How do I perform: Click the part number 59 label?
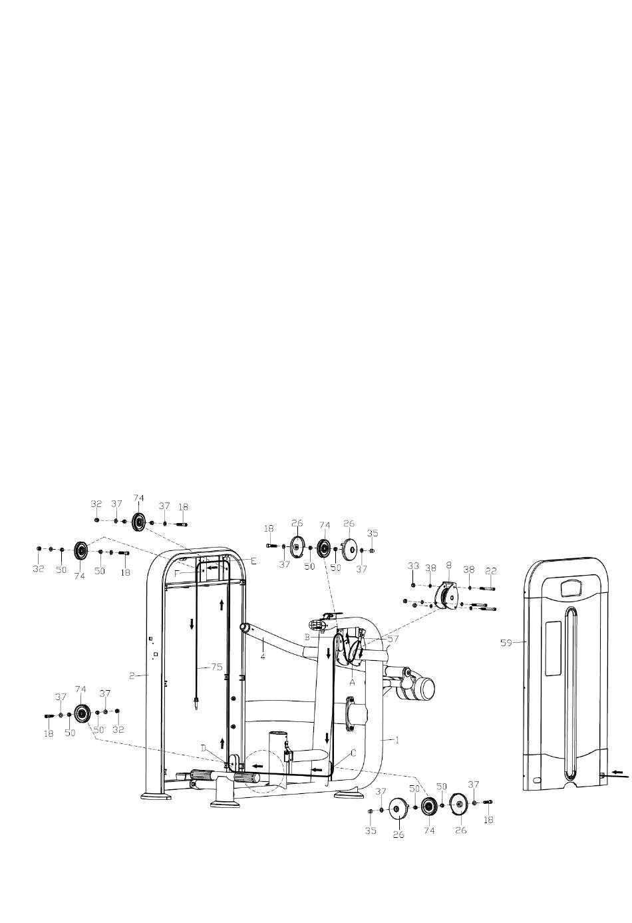pyautogui.click(x=506, y=642)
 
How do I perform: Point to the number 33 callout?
pyautogui.click(x=413, y=566)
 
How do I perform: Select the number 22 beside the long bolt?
pyautogui.click(x=491, y=571)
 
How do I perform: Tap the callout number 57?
pyautogui.click(x=393, y=639)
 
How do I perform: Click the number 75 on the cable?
pyautogui.click(x=217, y=667)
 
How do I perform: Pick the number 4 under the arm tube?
pyautogui.click(x=263, y=656)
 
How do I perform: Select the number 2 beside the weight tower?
pyautogui.click(x=132, y=675)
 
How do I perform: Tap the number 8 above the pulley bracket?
pyautogui.click(x=448, y=566)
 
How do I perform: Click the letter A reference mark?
pyautogui.click(x=352, y=682)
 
